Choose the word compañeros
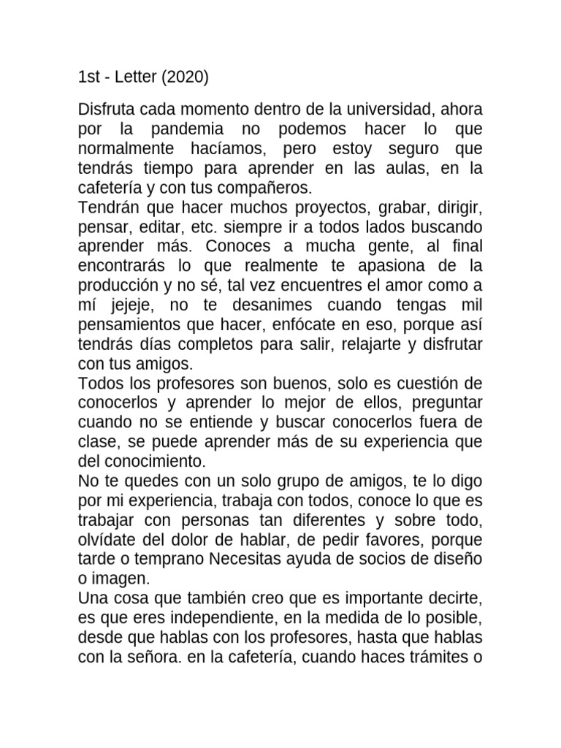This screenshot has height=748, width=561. coord(254,188)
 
